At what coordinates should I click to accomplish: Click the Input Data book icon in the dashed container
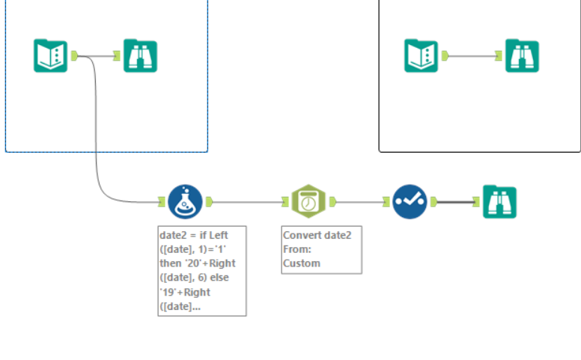click(50, 55)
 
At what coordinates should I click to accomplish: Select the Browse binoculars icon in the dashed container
click(140, 55)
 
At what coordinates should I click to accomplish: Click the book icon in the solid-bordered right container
click(422, 55)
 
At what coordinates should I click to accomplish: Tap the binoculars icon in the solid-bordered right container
click(522, 55)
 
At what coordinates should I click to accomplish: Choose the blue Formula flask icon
click(185, 201)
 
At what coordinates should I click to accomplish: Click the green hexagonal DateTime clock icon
click(306, 201)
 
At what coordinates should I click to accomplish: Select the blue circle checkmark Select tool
click(410, 201)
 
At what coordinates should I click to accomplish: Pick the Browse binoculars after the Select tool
click(499, 201)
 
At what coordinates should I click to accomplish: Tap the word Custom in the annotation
click(302, 263)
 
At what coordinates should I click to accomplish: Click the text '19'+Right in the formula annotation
click(186, 292)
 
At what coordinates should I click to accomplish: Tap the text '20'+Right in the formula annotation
click(212, 263)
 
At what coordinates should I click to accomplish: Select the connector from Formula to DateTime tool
click(247, 201)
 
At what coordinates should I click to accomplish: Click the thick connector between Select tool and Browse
click(454, 201)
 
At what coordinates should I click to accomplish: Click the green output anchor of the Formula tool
click(210, 201)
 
